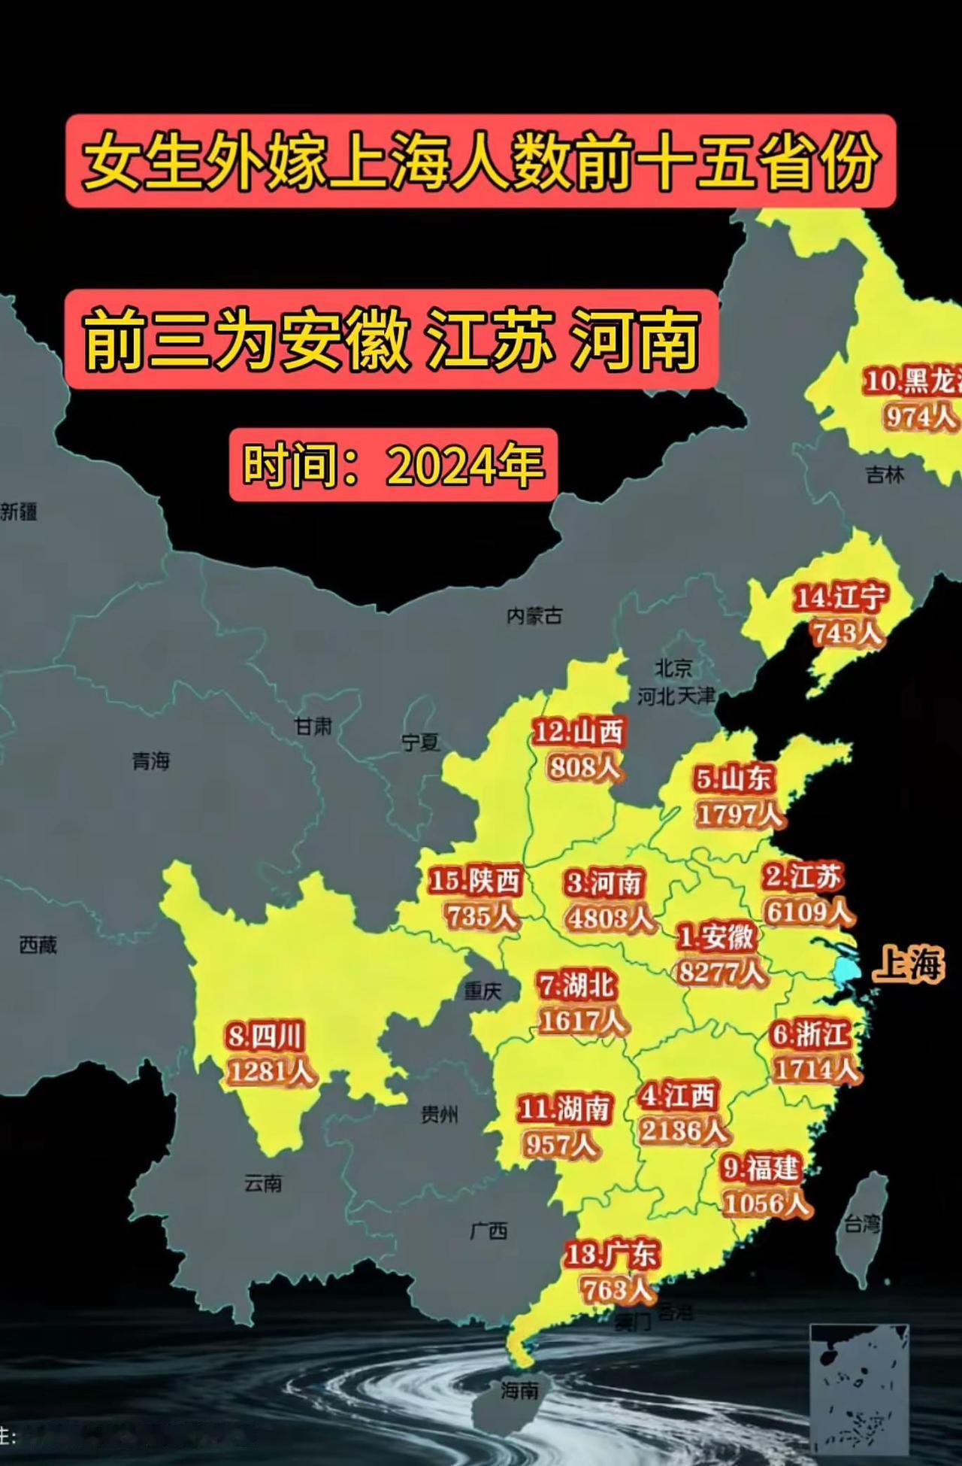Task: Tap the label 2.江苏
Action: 803,877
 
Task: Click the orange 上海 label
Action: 908,964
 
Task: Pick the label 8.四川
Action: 265,1037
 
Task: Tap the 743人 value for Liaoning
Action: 846,633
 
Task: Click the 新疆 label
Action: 19,512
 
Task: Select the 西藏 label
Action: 38,944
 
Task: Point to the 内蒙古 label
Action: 534,616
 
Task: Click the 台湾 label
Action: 861,1224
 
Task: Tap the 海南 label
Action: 519,1391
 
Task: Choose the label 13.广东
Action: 611,1255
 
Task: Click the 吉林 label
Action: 885,475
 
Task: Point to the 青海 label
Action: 151,761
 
